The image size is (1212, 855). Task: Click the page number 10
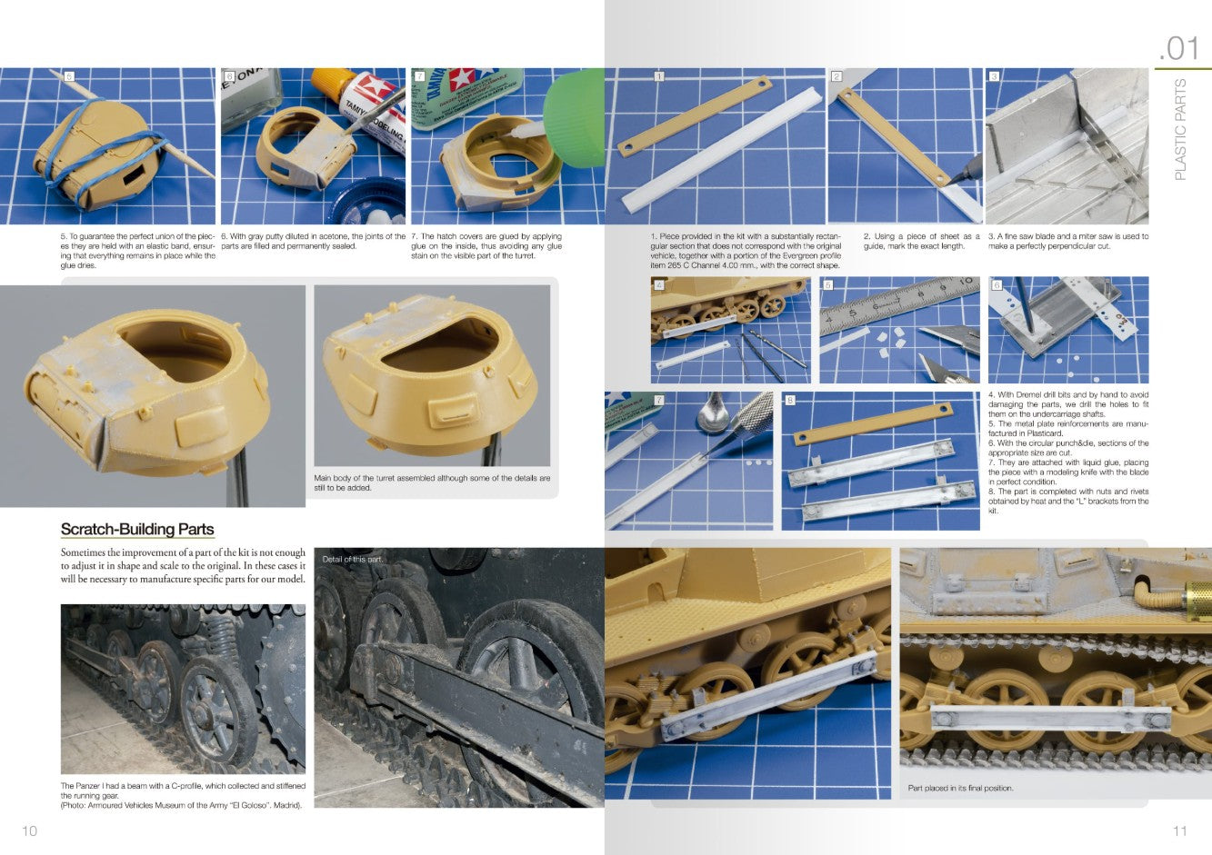(x=29, y=830)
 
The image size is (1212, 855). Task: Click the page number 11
(x=1180, y=830)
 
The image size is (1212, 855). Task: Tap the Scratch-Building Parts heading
(x=137, y=529)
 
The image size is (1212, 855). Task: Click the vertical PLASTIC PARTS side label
(x=1180, y=129)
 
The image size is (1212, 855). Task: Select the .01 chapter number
(x=1179, y=49)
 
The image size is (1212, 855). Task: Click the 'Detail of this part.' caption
(x=353, y=559)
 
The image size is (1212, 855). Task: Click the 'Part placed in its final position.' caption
(x=960, y=788)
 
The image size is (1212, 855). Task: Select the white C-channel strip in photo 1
(x=723, y=150)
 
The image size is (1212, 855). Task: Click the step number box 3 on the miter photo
(x=994, y=76)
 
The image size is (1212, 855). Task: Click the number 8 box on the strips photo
(x=790, y=400)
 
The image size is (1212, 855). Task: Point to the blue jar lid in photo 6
(x=368, y=200)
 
